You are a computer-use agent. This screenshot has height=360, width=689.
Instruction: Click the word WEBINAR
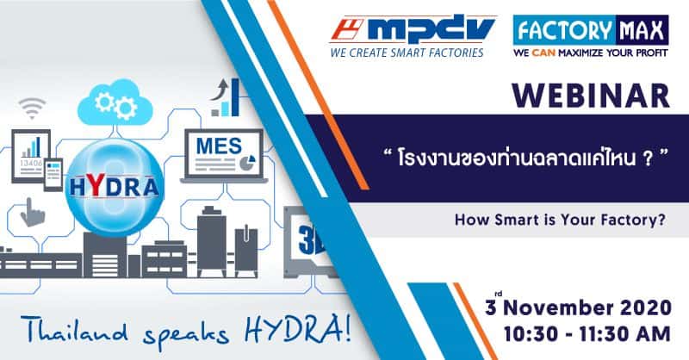(x=591, y=96)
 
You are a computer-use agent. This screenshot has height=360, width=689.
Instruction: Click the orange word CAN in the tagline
(x=543, y=53)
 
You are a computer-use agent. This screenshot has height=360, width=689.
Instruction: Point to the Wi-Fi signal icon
(x=32, y=109)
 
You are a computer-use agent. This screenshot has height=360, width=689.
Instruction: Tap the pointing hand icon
(x=32, y=213)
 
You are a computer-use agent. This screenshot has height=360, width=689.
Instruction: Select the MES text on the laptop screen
(x=219, y=146)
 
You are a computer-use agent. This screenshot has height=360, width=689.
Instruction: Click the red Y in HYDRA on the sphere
(x=97, y=185)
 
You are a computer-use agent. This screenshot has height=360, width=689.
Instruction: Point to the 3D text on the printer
(x=311, y=239)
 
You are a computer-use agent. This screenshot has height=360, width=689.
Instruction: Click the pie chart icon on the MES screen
(x=248, y=162)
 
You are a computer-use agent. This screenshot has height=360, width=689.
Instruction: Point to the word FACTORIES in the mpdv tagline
(x=456, y=53)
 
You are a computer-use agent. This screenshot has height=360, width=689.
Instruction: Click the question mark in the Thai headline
(x=648, y=158)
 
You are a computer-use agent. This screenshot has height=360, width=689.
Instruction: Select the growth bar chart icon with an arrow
(x=225, y=97)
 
